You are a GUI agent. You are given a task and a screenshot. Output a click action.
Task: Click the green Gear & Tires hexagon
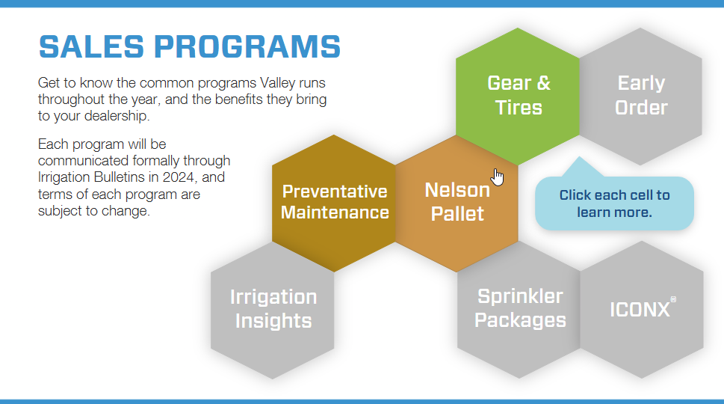518,97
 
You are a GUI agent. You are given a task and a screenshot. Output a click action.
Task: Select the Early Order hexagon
641,97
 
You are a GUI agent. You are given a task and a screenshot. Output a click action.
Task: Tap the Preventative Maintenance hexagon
334,203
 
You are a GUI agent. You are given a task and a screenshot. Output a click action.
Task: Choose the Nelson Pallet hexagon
457,203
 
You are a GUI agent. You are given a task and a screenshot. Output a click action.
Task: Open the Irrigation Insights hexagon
273,310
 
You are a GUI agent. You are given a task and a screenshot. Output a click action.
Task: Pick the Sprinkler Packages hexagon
519,310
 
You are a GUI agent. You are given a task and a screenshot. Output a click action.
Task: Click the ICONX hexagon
642,310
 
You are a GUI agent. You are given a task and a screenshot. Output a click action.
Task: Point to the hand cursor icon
498,177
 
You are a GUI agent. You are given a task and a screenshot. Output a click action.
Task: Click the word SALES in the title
91,46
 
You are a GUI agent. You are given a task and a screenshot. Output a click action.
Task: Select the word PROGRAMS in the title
247,46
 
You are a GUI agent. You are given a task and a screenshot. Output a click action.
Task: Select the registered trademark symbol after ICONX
673,299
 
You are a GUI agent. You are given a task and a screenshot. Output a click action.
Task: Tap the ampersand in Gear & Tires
543,83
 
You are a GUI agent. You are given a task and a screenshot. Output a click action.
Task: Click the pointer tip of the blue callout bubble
579,157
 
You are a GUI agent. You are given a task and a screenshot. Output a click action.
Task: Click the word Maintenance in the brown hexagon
335,212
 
